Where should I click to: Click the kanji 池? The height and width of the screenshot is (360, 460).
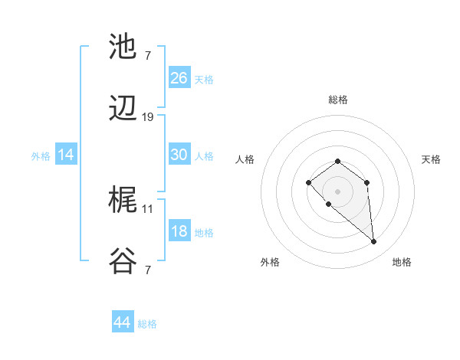(123, 47)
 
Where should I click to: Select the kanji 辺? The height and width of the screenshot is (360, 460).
(123, 110)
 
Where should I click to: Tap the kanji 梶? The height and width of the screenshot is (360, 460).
(123, 201)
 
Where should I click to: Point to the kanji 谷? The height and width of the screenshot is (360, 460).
(123, 263)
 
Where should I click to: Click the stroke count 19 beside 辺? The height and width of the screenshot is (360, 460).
(148, 117)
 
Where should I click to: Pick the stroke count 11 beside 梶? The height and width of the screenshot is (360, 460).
(148, 208)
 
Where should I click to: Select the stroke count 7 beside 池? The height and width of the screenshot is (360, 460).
(148, 55)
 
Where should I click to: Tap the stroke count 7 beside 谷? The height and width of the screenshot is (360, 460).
(148, 270)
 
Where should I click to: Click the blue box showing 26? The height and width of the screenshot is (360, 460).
(179, 78)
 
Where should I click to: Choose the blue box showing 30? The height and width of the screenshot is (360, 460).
(179, 155)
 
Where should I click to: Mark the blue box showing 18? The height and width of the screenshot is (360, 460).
(179, 231)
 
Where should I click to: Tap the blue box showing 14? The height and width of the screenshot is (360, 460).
(66, 155)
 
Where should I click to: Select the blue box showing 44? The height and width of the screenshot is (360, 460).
(123, 322)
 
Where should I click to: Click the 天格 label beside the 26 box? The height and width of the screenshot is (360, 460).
(204, 80)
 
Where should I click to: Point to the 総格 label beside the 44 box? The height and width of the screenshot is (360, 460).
(147, 324)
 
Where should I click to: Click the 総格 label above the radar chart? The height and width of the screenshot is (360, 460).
(338, 100)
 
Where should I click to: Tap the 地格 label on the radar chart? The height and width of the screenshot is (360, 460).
(402, 262)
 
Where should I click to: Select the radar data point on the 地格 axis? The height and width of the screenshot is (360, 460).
(374, 242)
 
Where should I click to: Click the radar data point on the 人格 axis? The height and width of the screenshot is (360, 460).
(308, 182)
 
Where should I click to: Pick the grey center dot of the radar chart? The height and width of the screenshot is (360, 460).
(338, 191)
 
